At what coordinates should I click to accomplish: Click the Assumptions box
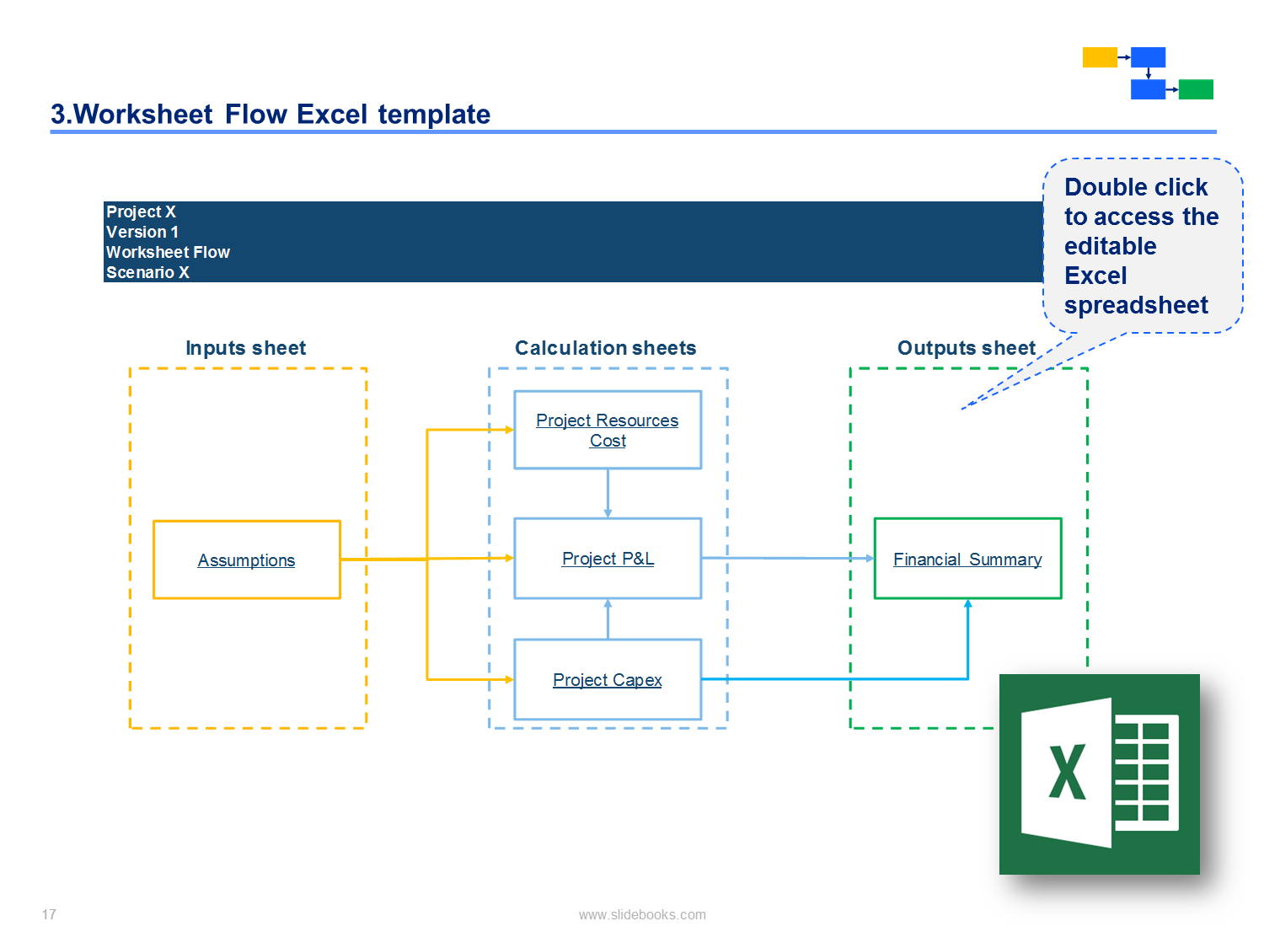246,560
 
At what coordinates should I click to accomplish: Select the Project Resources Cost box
608,430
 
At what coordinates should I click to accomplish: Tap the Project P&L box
608,559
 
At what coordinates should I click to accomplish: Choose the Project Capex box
608,679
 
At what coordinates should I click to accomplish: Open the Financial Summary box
967,559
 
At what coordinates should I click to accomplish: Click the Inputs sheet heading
245,348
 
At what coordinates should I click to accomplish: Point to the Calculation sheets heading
605,348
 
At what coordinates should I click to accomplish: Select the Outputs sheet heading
966,348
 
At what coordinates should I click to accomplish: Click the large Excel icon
1099,774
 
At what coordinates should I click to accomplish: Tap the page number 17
49,914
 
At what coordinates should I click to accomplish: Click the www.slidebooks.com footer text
642,914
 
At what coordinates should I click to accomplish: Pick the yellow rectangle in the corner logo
1100,57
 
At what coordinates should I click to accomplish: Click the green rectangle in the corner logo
1196,89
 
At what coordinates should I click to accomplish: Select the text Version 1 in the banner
142,232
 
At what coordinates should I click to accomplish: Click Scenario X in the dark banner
147,271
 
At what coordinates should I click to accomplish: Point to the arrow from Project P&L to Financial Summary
788,558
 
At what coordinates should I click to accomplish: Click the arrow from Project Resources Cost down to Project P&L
608,493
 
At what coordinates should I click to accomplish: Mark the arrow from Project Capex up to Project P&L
608,619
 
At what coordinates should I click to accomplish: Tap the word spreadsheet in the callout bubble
1136,306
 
